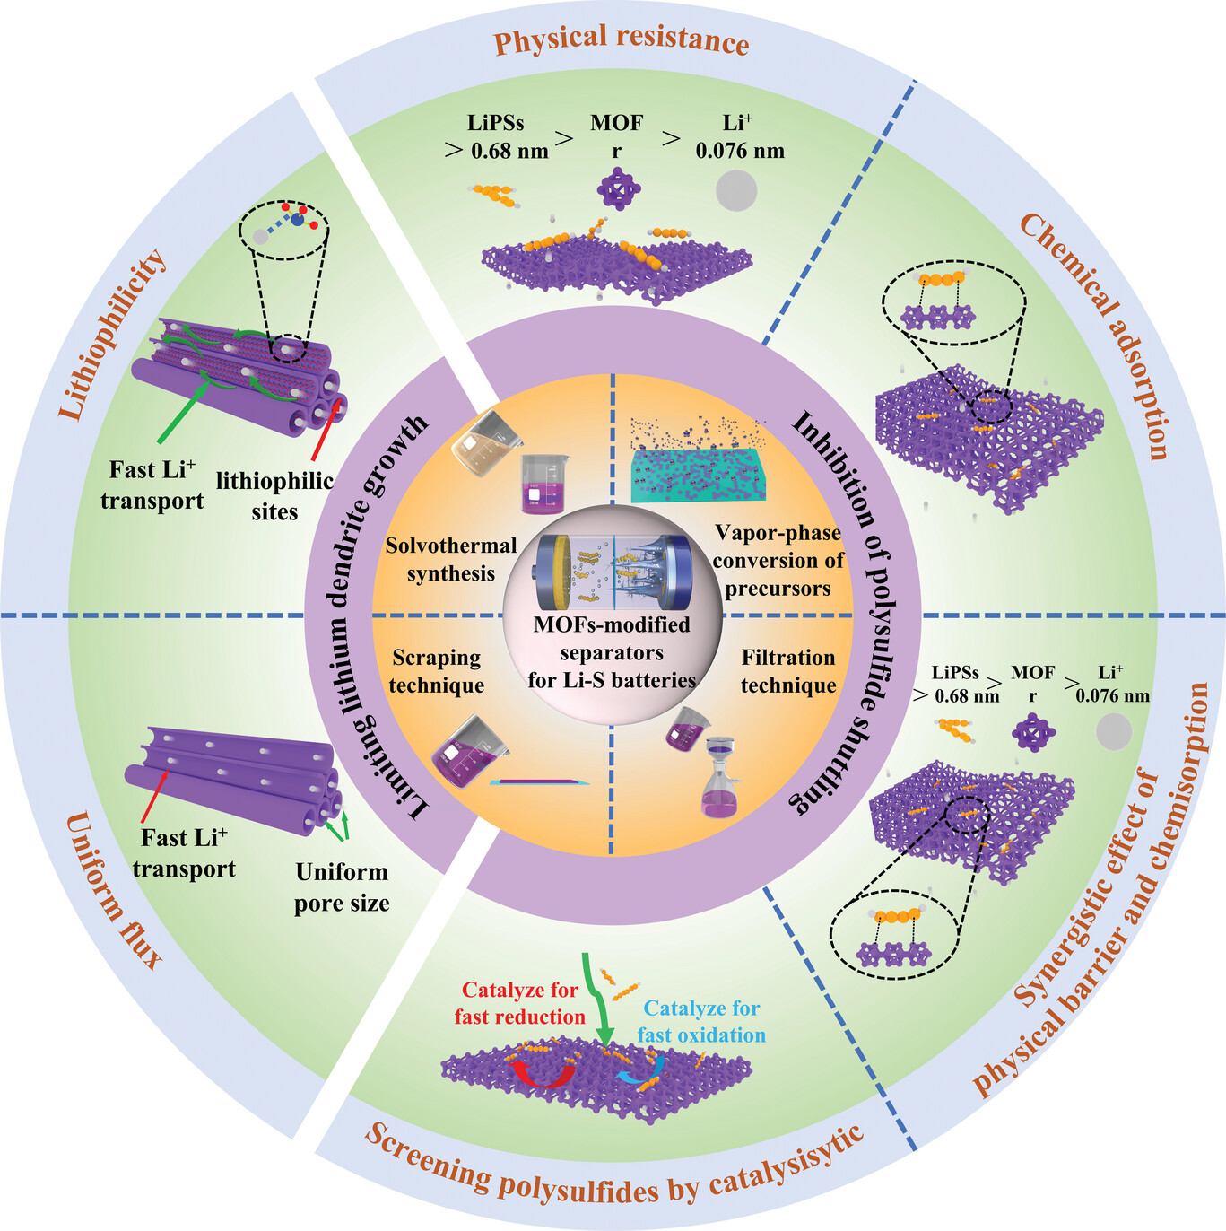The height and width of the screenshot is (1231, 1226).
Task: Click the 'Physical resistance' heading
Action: point(622,40)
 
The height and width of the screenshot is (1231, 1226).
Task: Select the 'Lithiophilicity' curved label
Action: point(113,333)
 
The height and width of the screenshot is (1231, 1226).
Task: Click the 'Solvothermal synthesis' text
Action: point(451,559)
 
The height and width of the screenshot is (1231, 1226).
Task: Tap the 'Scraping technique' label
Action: point(437,671)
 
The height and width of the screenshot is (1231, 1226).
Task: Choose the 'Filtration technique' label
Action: point(788,671)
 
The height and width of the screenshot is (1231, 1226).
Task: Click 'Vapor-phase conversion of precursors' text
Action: point(778,561)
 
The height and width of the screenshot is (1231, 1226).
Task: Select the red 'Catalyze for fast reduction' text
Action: point(519,1003)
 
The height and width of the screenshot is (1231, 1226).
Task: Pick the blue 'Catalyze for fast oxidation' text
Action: point(701,1021)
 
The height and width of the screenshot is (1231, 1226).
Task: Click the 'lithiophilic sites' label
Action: point(274,496)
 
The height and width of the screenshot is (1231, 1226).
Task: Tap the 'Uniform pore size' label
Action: point(342,886)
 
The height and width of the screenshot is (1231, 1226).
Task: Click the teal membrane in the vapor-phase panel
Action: point(700,476)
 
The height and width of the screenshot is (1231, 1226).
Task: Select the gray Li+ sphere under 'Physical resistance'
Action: point(736,191)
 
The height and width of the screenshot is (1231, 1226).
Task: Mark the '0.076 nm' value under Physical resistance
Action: point(740,151)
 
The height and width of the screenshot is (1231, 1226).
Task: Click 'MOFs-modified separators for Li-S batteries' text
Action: point(612,652)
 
